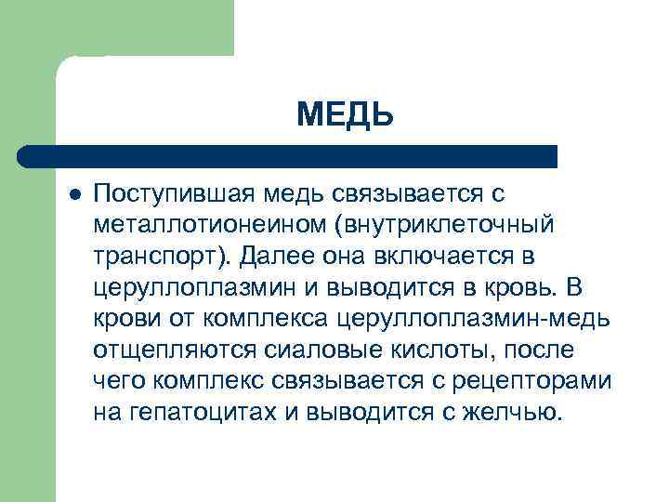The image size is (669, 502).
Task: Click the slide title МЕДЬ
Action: (x=346, y=117)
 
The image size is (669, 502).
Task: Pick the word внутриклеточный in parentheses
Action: (x=449, y=225)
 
